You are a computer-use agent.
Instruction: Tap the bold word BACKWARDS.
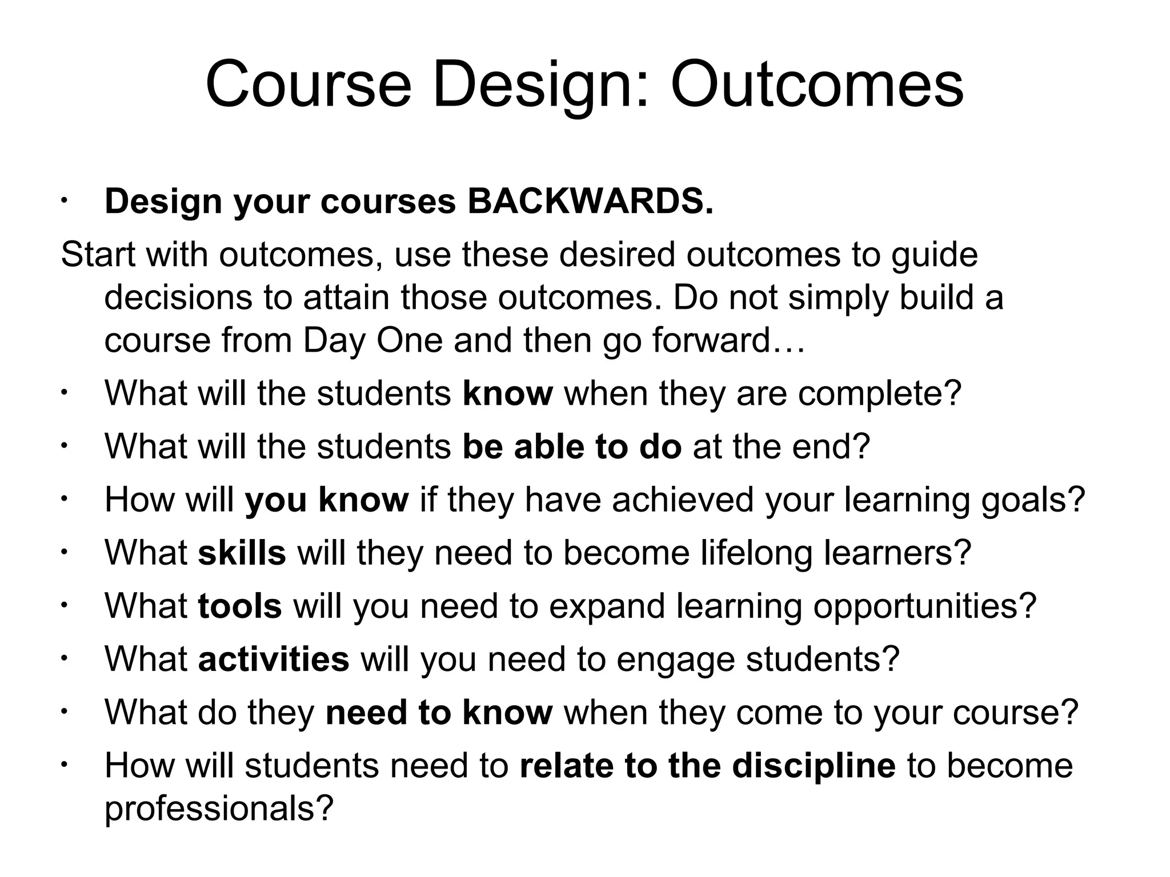coord(590,201)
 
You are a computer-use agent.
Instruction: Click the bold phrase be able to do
coord(572,446)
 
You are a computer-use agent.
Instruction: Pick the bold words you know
coord(327,500)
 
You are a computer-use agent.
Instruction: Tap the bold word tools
coord(240,606)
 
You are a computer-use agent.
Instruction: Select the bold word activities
coord(274,659)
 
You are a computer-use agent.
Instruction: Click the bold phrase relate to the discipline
coord(707,766)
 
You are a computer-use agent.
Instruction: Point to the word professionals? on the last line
coord(219,808)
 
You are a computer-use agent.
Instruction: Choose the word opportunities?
coord(924,606)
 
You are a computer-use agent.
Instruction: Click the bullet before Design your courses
coord(65,201)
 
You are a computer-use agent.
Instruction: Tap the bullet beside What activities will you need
coord(65,659)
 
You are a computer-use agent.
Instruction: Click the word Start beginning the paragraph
coord(98,254)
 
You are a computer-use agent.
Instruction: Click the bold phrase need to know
coord(439,713)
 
